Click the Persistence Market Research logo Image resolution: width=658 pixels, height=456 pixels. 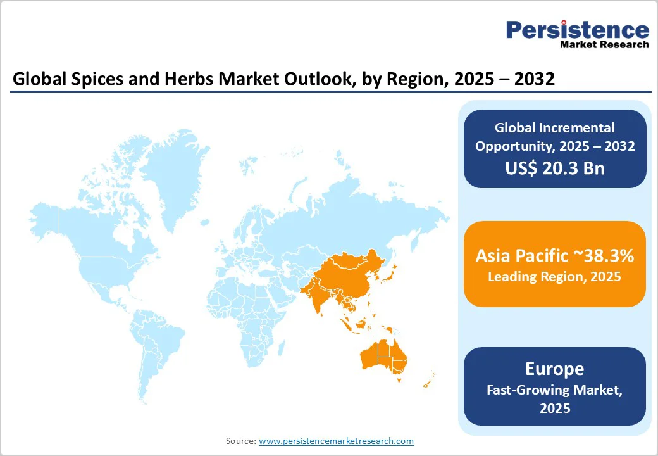pos(577,34)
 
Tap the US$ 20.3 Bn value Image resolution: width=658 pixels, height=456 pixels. pos(554,168)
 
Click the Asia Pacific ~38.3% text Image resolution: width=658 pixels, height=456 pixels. pos(554,256)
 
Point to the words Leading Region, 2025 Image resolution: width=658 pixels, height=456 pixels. pos(554,277)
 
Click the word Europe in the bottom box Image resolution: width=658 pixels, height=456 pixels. pos(554,369)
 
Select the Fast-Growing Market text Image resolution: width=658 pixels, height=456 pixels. pos(554,390)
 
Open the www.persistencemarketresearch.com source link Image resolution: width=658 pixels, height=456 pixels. pos(336,441)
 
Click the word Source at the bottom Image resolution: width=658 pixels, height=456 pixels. pos(240,441)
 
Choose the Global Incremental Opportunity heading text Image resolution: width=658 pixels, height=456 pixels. pos(554,137)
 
